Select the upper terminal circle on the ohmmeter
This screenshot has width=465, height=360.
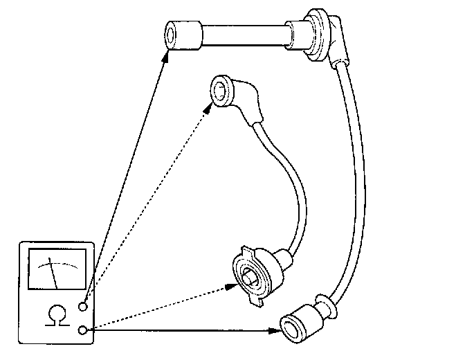pyautogui.click(x=84, y=306)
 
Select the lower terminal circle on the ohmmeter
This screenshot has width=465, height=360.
pyautogui.click(x=84, y=330)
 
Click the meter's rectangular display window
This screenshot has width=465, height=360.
pyautogui.click(x=55, y=273)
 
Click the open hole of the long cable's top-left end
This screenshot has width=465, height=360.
pyautogui.click(x=172, y=35)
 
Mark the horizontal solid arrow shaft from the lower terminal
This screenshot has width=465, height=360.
pyautogui.click(x=180, y=331)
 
